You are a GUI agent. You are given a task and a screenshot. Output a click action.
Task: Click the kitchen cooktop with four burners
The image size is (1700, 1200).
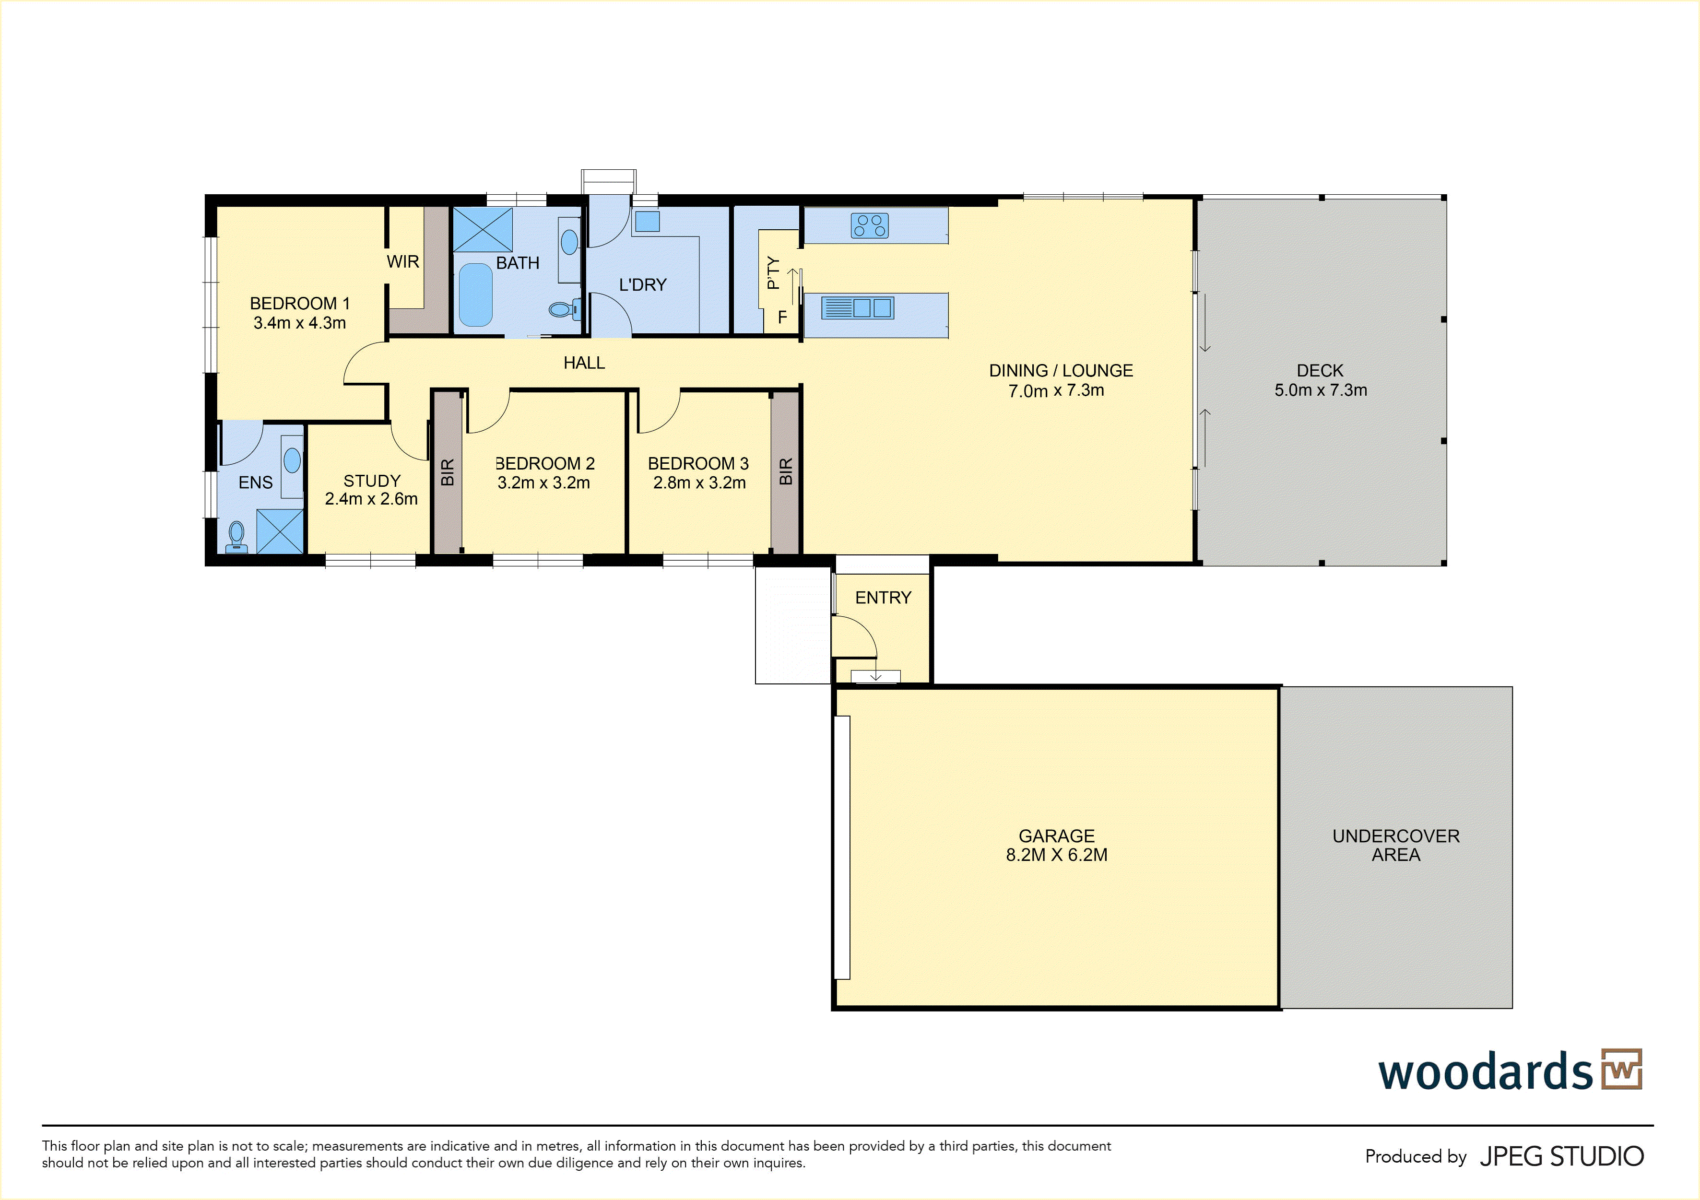coord(869,225)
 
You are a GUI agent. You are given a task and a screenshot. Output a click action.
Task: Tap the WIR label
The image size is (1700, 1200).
coord(403,261)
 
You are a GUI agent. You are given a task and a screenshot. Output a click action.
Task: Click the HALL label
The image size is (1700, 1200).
coord(584,363)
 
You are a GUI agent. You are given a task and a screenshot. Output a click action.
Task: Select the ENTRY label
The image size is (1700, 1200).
coord(883,598)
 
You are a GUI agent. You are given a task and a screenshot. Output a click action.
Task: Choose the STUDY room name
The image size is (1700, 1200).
coord(372,481)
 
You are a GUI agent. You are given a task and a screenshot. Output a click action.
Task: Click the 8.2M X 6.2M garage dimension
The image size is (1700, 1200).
coord(1057,855)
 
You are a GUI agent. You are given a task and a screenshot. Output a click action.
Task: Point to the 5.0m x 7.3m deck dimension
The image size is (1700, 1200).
coord(1321,390)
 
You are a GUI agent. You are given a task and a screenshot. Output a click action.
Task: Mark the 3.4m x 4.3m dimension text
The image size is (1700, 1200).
coord(300,323)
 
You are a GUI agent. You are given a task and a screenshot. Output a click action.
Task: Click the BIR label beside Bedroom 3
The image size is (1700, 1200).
coord(786,471)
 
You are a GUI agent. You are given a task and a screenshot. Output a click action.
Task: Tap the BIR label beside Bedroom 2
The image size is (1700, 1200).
coord(447,473)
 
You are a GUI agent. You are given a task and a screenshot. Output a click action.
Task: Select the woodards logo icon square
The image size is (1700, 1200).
coord(1621,1069)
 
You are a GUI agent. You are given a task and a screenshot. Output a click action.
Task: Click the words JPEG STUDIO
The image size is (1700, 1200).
coord(1561,1156)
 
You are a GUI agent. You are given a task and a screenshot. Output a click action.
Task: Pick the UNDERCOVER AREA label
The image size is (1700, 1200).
coord(1396,846)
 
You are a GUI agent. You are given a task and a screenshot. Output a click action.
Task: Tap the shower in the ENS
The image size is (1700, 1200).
coord(280,531)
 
